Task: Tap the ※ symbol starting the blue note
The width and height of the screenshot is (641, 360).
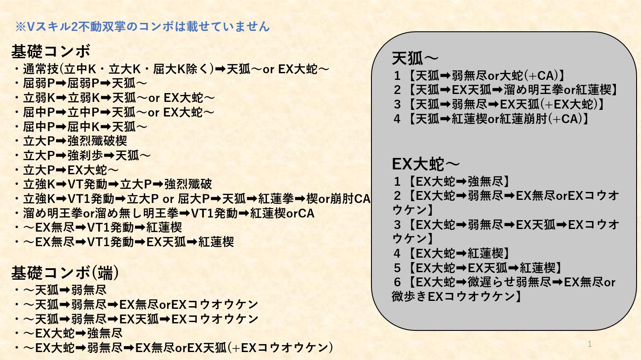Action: point(21,27)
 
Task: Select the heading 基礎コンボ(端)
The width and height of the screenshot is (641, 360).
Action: point(65,273)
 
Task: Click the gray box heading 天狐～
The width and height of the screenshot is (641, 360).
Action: point(415,58)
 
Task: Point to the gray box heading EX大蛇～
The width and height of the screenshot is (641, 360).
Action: point(426,164)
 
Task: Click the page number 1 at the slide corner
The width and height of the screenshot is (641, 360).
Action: point(590,344)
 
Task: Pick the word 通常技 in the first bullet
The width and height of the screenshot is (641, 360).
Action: point(41,69)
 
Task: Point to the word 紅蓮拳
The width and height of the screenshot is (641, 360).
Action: point(276,199)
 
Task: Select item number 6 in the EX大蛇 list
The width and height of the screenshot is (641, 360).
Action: point(397,282)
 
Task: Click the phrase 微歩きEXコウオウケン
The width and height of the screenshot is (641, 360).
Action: point(454,296)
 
